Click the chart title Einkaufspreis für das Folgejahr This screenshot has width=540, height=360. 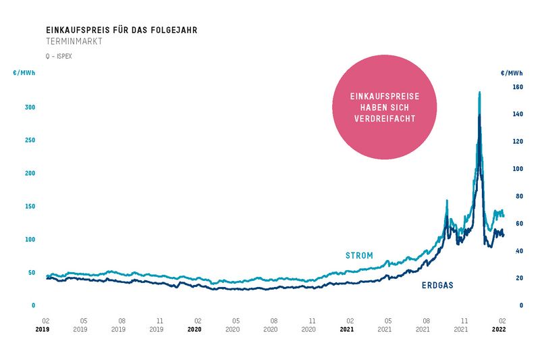[x=122, y=30]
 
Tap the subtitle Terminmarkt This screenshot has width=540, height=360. [x=74, y=42]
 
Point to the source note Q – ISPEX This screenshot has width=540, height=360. [x=59, y=57]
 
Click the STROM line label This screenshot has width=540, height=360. [x=359, y=256]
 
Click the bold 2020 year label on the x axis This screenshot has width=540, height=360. [x=194, y=330]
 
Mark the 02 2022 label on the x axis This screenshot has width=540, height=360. [x=501, y=325]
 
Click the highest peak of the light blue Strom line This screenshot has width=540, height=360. [x=479, y=92]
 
